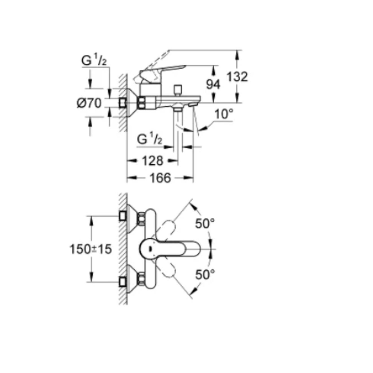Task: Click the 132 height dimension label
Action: (x=237, y=77)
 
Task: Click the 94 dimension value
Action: (x=213, y=85)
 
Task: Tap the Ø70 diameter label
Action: (x=89, y=103)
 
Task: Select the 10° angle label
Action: (x=224, y=114)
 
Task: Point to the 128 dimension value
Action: (x=153, y=161)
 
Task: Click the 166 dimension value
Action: (x=160, y=178)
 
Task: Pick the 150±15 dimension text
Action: (x=91, y=249)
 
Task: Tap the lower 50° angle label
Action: (x=205, y=275)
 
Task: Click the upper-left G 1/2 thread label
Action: (x=94, y=60)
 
